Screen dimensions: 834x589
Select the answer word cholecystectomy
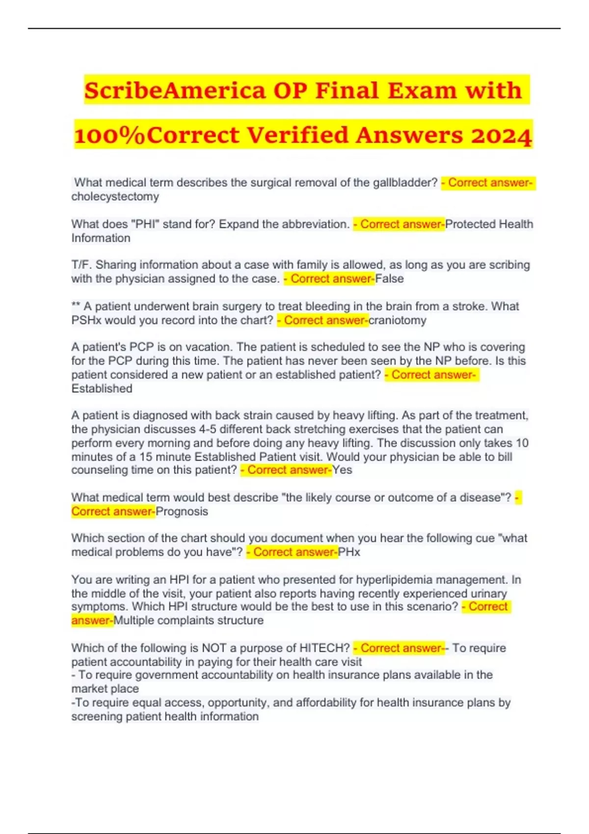point(115,197)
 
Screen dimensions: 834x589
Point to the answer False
point(390,279)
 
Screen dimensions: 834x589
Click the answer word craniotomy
point(398,320)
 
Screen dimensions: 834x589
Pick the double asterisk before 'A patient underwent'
point(76,307)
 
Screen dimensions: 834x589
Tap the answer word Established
point(102,389)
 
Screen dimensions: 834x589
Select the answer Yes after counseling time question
point(343,470)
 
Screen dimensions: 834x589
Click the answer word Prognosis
point(182,511)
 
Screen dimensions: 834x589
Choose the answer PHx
point(349,552)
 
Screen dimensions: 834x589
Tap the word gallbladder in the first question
point(405,182)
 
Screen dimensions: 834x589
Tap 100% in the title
point(110,135)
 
